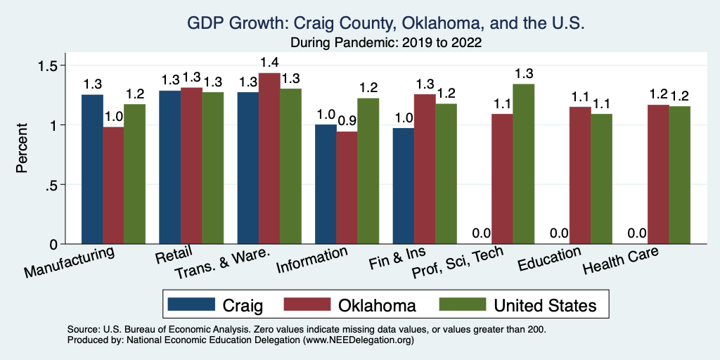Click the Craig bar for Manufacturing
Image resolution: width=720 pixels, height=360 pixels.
(x=92, y=169)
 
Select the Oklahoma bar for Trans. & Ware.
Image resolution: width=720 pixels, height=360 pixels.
(x=269, y=158)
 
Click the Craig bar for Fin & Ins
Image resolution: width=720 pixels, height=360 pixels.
(x=404, y=186)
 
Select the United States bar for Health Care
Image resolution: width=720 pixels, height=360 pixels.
(x=679, y=175)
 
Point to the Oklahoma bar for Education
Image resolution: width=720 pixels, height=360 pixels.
(x=580, y=175)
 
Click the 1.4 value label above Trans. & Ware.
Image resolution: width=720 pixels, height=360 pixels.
(x=269, y=63)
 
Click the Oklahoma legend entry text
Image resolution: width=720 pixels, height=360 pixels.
(x=377, y=305)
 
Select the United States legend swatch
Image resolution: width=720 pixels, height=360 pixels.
(x=462, y=304)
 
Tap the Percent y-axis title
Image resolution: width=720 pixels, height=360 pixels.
(x=22, y=148)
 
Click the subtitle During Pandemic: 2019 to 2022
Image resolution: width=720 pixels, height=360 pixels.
(x=385, y=43)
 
